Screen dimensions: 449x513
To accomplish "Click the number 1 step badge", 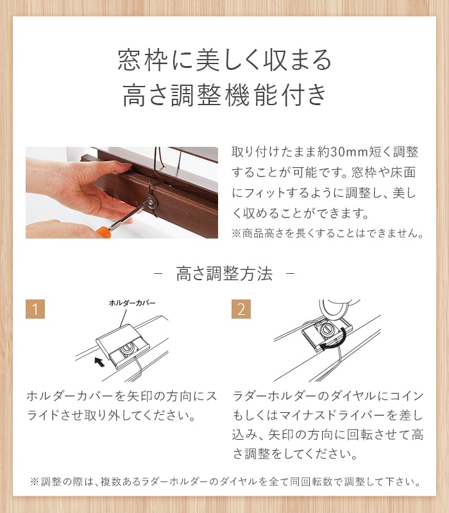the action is [x=35, y=309].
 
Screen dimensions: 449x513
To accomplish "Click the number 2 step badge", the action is [x=241, y=309].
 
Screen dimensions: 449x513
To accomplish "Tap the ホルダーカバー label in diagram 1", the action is [x=132, y=303].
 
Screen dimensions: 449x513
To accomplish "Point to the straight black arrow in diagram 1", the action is [x=99, y=362].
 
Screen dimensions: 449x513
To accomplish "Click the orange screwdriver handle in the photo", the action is [x=103, y=231].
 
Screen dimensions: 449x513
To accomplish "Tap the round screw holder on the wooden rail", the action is [x=151, y=203].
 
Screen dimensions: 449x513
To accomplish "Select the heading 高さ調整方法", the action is [x=224, y=274].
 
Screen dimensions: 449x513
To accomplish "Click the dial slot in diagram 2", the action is [x=326, y=329].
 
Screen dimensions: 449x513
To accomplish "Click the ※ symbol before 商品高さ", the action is [x=236, y=233].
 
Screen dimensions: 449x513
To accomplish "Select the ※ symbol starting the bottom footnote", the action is [x=35, y=482].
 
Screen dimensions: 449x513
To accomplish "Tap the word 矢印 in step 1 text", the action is [x=139, y=396].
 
